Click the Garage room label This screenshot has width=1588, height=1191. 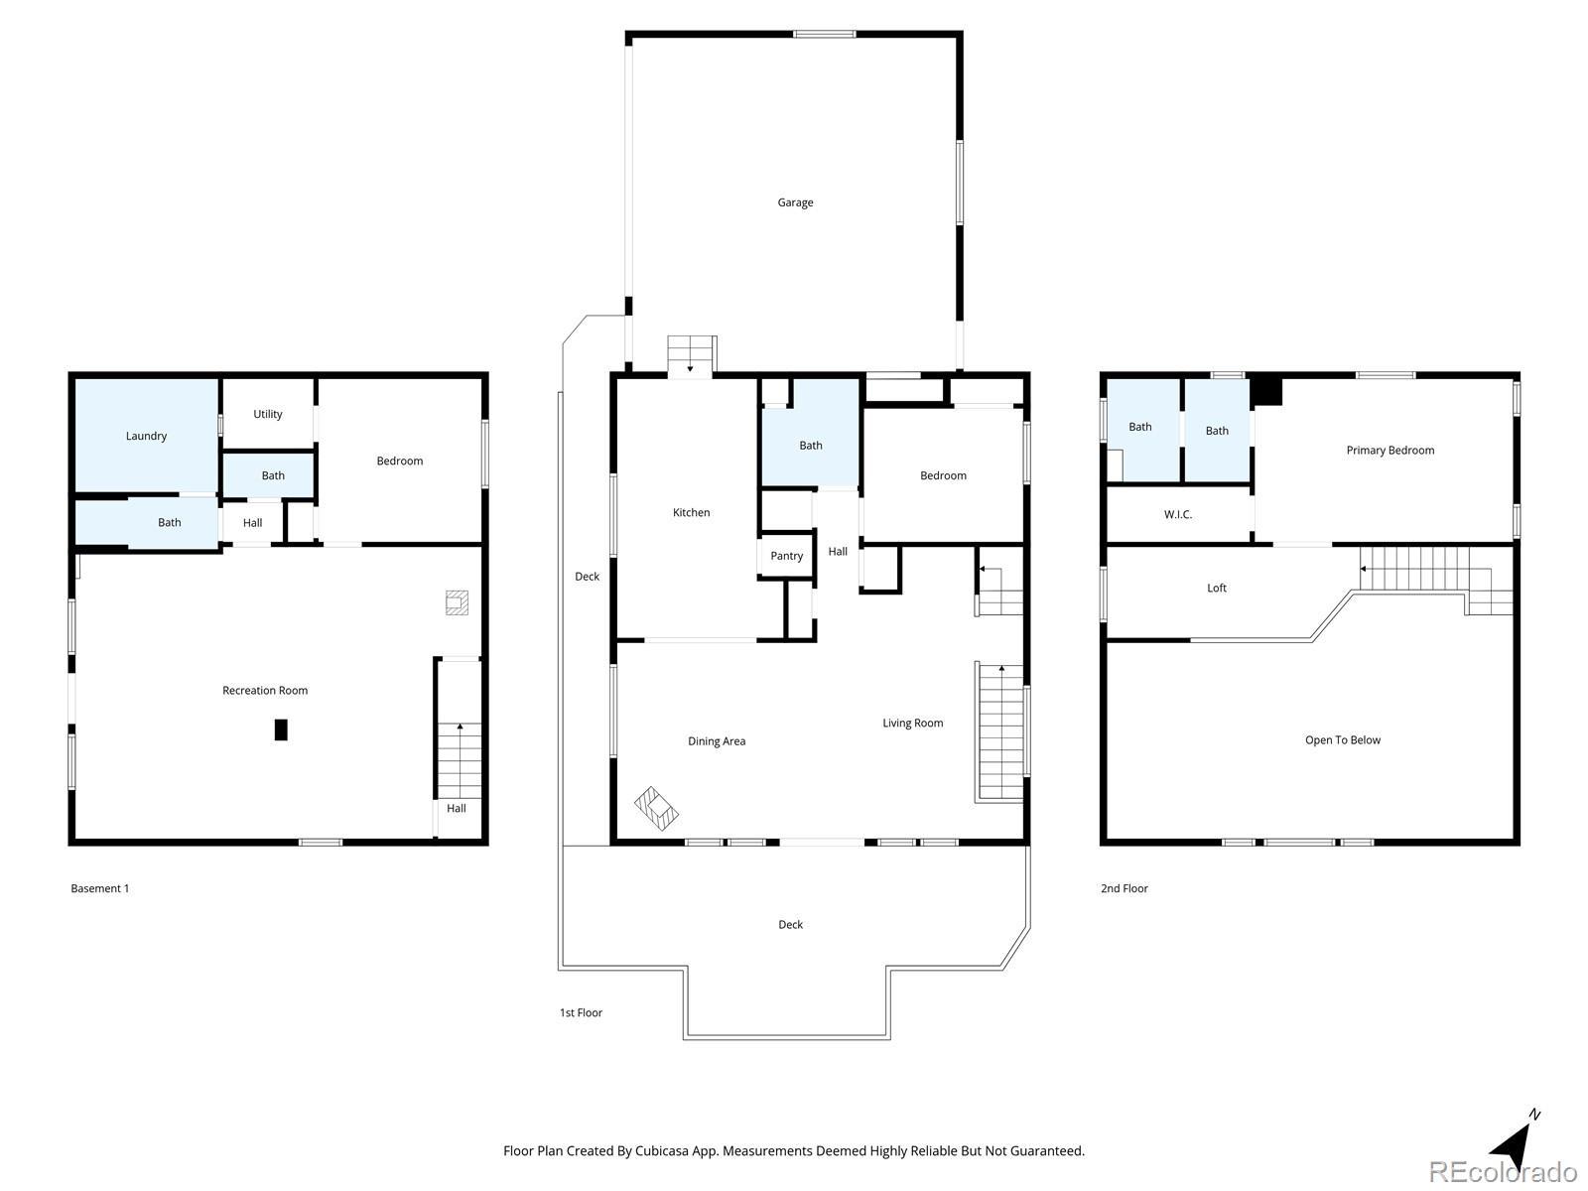click(795, 202)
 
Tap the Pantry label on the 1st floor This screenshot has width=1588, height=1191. click(786, 556)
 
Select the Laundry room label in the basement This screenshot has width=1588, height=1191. click(146, 436)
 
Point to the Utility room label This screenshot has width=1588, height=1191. click(268, 414)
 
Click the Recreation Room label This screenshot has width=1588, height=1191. click(265, 690)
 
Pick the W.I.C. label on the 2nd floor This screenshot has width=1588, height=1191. click(1178, 514)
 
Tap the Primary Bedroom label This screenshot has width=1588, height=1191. click(1389, 450)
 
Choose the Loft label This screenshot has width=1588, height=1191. click(1216, 588)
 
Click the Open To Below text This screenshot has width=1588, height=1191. click(1342, 739)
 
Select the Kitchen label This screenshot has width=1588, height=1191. click(691, 512)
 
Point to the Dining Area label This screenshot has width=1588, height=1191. click(717, 740)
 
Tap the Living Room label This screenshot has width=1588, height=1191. click(912, 723)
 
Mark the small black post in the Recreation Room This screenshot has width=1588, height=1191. click(281, 729)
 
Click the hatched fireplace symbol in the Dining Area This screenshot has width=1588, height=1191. click(656, 809)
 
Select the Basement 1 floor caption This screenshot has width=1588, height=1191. click(100, 888)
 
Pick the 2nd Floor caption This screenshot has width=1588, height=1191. click(1125, 888)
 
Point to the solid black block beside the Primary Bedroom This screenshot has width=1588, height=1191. click(1266, 391)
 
